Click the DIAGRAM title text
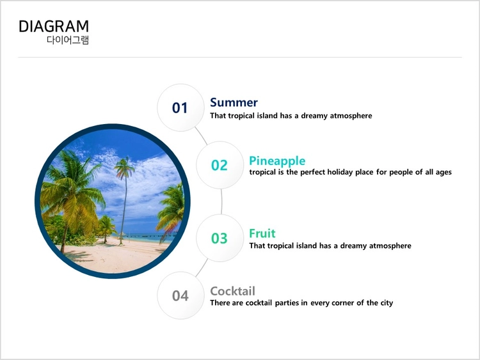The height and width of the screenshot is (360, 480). [x=54, y=26]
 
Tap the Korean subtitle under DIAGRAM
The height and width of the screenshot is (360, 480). [x=68, y=40]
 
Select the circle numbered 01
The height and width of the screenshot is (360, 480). [x=180, y=107]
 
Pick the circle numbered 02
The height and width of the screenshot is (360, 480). [x=220, y=165]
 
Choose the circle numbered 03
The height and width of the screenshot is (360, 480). [x=220, y=238]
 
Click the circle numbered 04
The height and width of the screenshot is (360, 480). [x=180, y=295]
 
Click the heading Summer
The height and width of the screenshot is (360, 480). [x=234, y=102]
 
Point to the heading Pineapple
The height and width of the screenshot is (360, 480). [x=277, y=161]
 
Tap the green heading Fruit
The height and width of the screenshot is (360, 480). [x=262, y=233]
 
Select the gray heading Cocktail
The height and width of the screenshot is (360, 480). [x=233, y=291]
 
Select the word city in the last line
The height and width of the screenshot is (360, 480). [x=387, y=303]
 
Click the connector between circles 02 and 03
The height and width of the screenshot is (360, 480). [x=221, y=201]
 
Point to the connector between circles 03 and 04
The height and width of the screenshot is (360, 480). [x=202, y=268]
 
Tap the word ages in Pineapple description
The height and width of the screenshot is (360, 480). [x=444, y=173]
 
